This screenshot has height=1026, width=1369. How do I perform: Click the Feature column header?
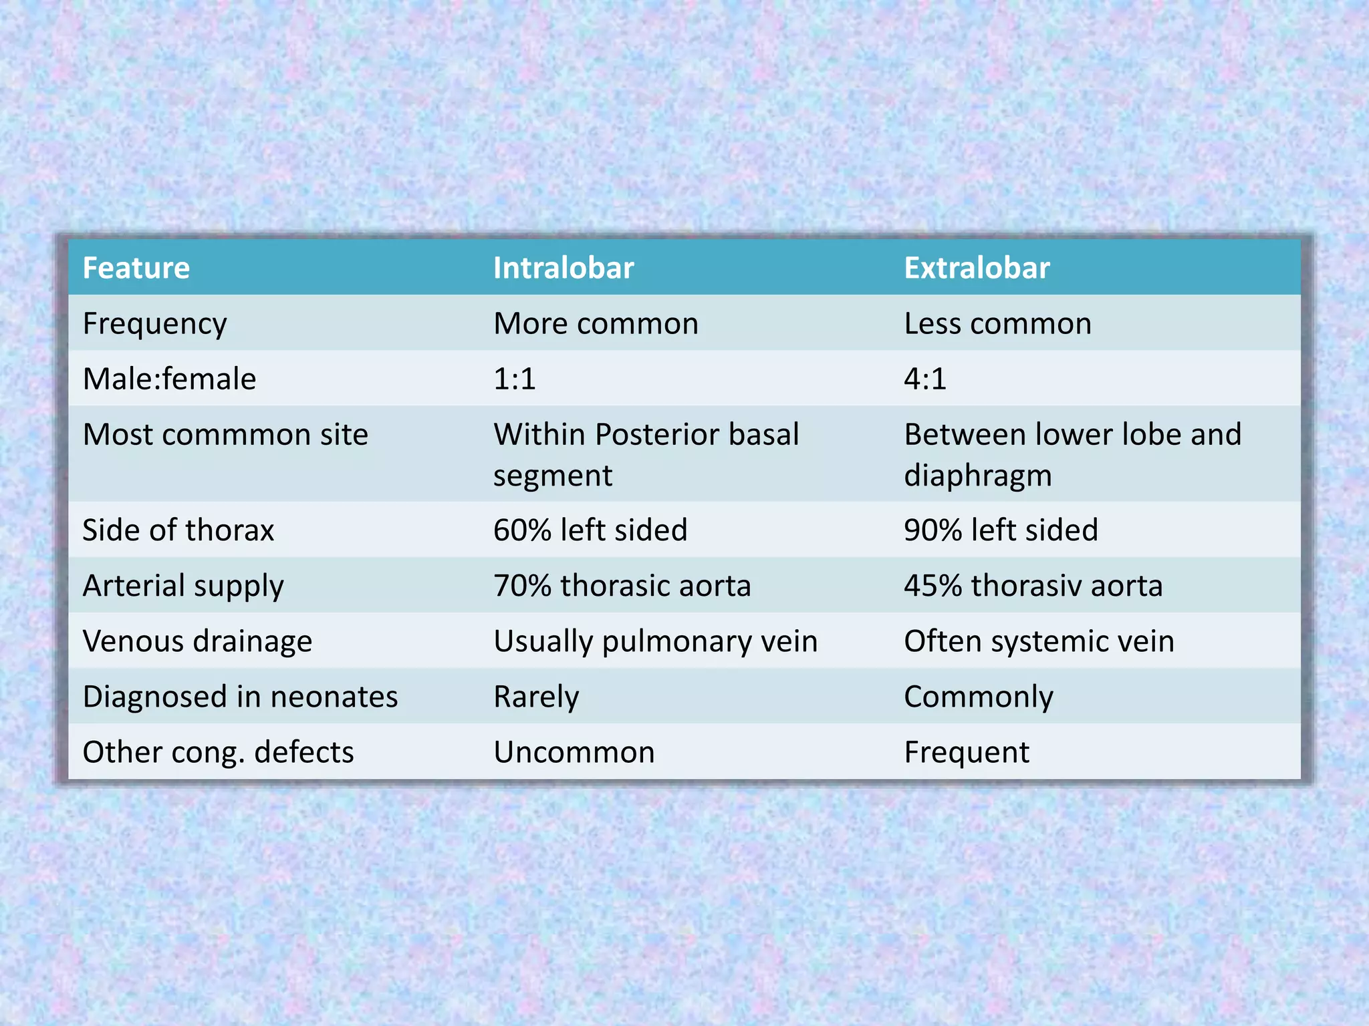136,268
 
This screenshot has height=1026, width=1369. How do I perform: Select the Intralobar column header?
563,268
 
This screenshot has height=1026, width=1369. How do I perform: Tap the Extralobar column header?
977,268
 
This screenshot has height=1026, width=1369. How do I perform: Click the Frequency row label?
154,324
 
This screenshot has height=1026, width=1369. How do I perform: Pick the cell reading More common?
596,324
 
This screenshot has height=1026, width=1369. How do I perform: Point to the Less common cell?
997,324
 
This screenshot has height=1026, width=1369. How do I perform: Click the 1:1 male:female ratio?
515,379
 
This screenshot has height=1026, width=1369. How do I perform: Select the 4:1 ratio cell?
925,379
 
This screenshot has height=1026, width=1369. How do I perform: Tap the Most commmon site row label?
225,435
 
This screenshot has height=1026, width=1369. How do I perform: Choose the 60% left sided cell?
590,530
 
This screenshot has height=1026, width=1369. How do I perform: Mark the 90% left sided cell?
1001,530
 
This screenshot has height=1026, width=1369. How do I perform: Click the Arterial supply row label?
183,586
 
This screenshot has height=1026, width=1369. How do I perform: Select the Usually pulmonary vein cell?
655,641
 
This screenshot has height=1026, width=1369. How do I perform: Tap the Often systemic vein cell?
1039,641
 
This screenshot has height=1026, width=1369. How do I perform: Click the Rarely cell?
536,697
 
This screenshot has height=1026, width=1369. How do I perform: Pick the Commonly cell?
979,697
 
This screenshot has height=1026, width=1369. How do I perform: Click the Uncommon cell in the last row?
574,752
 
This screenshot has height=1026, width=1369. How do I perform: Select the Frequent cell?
967,752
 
